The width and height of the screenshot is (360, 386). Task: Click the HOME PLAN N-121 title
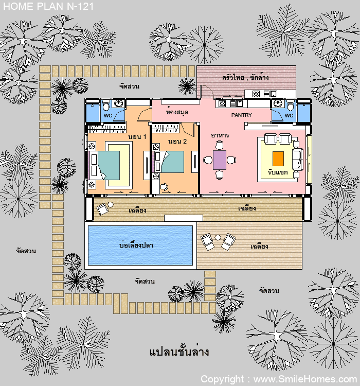48,6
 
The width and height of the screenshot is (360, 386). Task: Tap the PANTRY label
241,115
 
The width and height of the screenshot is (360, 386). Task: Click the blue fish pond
140,245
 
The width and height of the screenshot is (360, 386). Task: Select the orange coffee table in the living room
278,159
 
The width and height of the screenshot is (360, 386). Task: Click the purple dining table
220,160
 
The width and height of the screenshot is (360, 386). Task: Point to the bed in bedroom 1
105,165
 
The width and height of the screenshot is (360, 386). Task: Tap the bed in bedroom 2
169,162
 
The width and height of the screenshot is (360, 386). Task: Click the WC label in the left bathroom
108,115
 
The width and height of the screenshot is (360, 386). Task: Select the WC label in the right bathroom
289,115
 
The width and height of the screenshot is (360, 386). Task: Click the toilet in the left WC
106,105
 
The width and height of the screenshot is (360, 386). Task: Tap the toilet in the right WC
291,105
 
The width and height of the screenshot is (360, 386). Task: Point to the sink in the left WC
118,103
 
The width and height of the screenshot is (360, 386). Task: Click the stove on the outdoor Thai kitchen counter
256,94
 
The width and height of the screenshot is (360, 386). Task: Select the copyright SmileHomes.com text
279,379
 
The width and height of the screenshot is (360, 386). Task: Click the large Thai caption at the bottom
179,352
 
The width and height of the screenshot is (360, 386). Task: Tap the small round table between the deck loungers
218,237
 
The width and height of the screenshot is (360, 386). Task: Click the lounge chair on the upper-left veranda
102,209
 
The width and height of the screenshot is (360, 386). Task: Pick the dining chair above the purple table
220,145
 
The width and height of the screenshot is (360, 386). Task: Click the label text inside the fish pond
136,244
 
